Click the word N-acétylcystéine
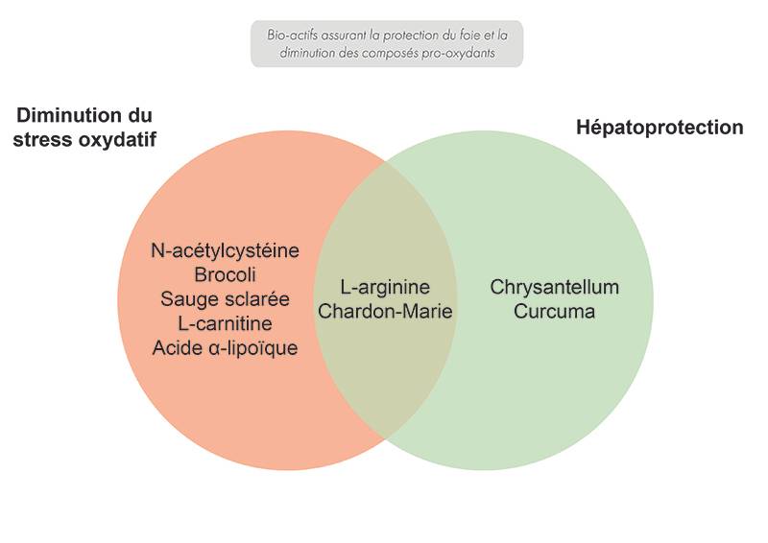coord(225,250)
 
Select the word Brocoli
coord(225,274)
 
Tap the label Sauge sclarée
coord(225,299)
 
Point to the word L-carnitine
coord(225,323)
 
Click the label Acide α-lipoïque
coord(225,347)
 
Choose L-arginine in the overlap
coord(385,288)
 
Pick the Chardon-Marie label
coord(385,312)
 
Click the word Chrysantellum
coord(555,288)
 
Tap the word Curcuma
coord(555,312)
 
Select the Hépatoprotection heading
coord(660,128)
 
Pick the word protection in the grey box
coord(411,35)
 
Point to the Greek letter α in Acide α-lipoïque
coord(213,348)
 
